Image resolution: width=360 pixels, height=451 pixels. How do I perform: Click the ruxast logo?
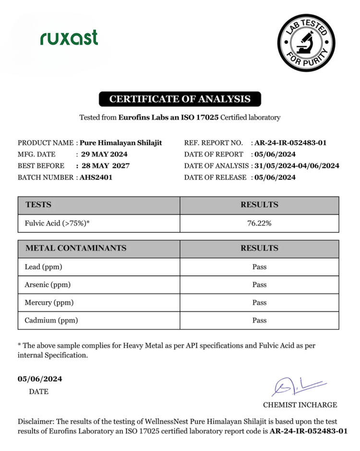(x=69, y=38)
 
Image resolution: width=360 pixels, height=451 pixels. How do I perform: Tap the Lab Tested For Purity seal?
(x=306, y=43)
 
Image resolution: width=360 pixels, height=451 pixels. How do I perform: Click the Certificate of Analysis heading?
(x=180, y=99)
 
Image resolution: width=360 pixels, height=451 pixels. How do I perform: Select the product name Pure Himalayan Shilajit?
(x=120, y=143)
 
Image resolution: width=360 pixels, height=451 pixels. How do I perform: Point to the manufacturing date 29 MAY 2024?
(x=104, y=154)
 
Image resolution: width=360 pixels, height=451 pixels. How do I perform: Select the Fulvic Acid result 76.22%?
(x=259, y=223)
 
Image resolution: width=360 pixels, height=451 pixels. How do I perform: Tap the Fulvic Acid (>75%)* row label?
(x=58, y=223)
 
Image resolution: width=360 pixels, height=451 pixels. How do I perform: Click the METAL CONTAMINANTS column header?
(x=76, y=248)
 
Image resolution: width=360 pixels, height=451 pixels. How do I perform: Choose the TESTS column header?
(x=38, y=205)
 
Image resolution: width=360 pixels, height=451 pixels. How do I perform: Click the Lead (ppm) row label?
(x=43, y=267)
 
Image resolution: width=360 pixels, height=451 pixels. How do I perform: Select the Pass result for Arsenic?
(x=259, y=285)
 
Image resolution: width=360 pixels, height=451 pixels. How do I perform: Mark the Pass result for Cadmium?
(x=259, y=320)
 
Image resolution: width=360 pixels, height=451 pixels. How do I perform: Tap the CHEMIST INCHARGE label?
(x=300, y=404)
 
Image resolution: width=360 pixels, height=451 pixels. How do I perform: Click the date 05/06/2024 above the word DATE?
(x=40, y=379)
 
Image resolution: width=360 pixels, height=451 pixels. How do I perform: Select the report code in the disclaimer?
(x=308, y=431)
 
